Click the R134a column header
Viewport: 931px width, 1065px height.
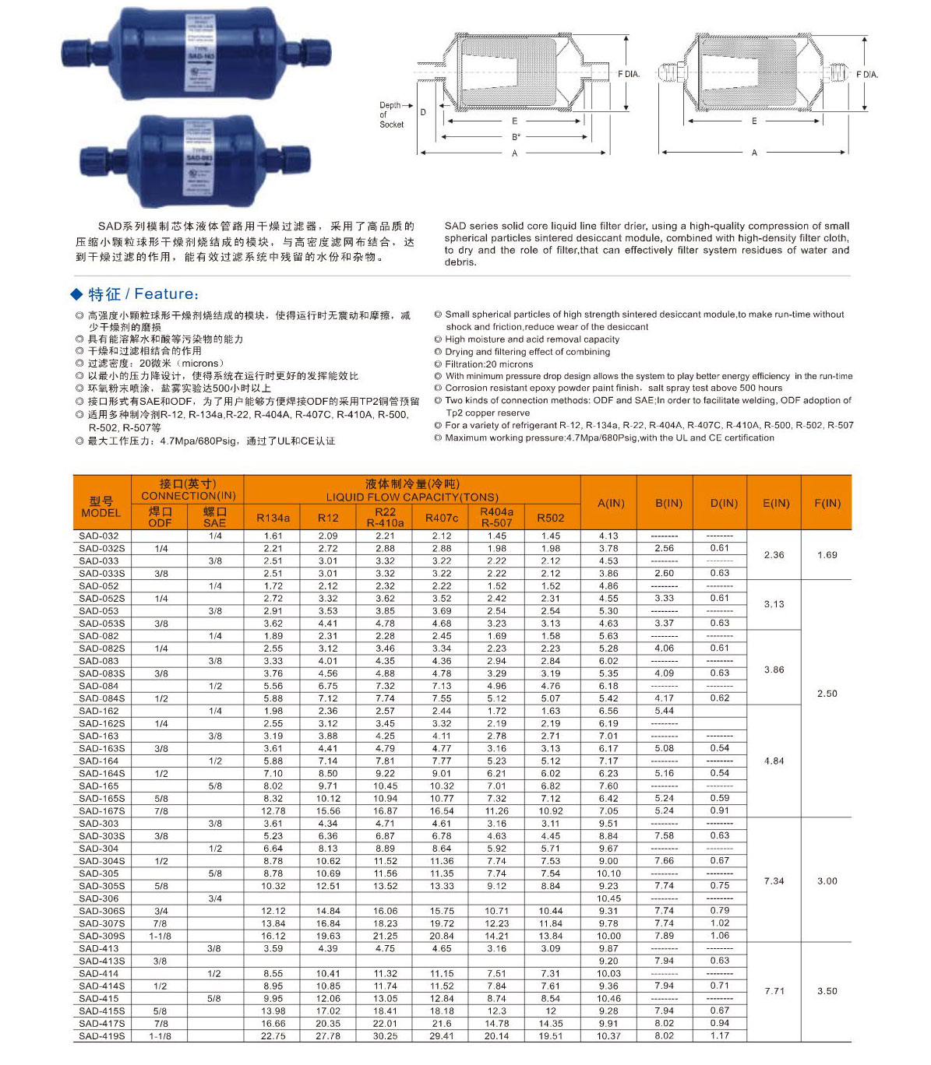pyautogui.click(x=273, y=518)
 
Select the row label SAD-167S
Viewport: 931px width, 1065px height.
pyautogui.click(x=101, y=811)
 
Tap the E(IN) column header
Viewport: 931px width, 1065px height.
pyautogui.click(x=776, y=503)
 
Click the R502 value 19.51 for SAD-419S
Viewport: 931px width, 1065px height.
pyautogui.click(x=550, y=1036)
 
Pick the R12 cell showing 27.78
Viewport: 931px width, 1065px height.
pyautogui.click(x=328, y=1036)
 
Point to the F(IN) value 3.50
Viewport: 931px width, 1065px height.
pyautogui.click(x=827, y=991)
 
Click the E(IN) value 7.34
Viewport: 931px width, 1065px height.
pyautogui.click(x=774, y=881)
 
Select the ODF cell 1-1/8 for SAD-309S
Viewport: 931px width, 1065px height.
pyautogui.click(x=160, y=937)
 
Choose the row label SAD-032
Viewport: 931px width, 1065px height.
pyautogui.click(x=99, y=536)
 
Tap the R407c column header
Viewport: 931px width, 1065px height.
pyautogui.click(x=441, y=518)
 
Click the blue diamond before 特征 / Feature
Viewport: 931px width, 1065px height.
pyautogui.click(x=76, y=294)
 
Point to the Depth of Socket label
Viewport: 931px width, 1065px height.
pyautogui.click(x=391, y=114)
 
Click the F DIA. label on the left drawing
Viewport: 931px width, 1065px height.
pyautogui.click(x=629, y=74)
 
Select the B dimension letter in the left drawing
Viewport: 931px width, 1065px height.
pyautogui.click(x=515, y=137)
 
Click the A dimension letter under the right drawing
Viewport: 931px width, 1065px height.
pyautogui.click(x=753, y=153)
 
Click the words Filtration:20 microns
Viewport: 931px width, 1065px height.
pyautogui.click(x=488, y=364)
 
